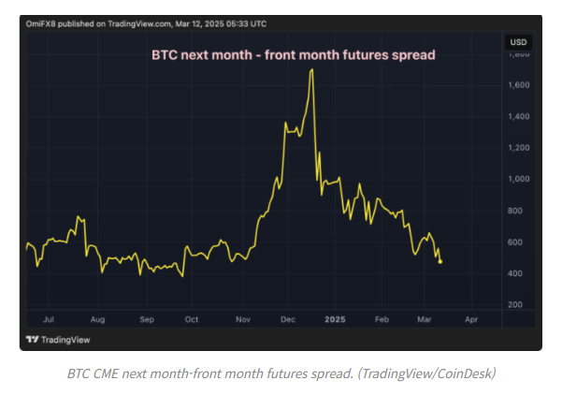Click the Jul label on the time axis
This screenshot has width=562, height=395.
tap(50, 319)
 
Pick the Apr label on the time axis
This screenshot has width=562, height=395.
tap(470, 319)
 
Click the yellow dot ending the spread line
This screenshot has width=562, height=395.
tap(440, 261)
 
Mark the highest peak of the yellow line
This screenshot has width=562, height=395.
tap(311, 70)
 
